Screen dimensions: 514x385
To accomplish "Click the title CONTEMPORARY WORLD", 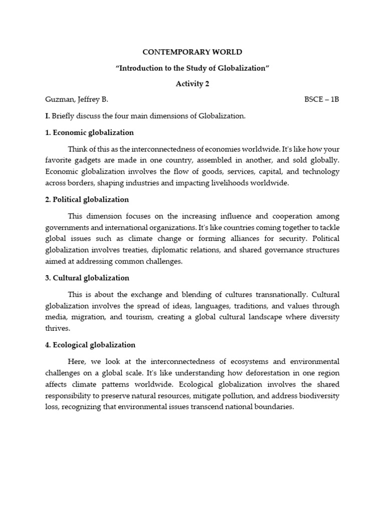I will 192,52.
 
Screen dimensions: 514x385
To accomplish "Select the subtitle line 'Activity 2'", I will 192,84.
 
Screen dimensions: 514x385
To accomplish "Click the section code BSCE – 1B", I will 322,100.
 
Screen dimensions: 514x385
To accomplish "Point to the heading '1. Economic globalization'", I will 89,133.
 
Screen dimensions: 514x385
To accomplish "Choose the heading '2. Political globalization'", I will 87,199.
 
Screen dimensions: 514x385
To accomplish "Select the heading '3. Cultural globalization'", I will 87,278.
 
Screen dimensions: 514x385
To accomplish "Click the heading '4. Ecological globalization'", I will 90,345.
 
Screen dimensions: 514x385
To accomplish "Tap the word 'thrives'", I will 57,328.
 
